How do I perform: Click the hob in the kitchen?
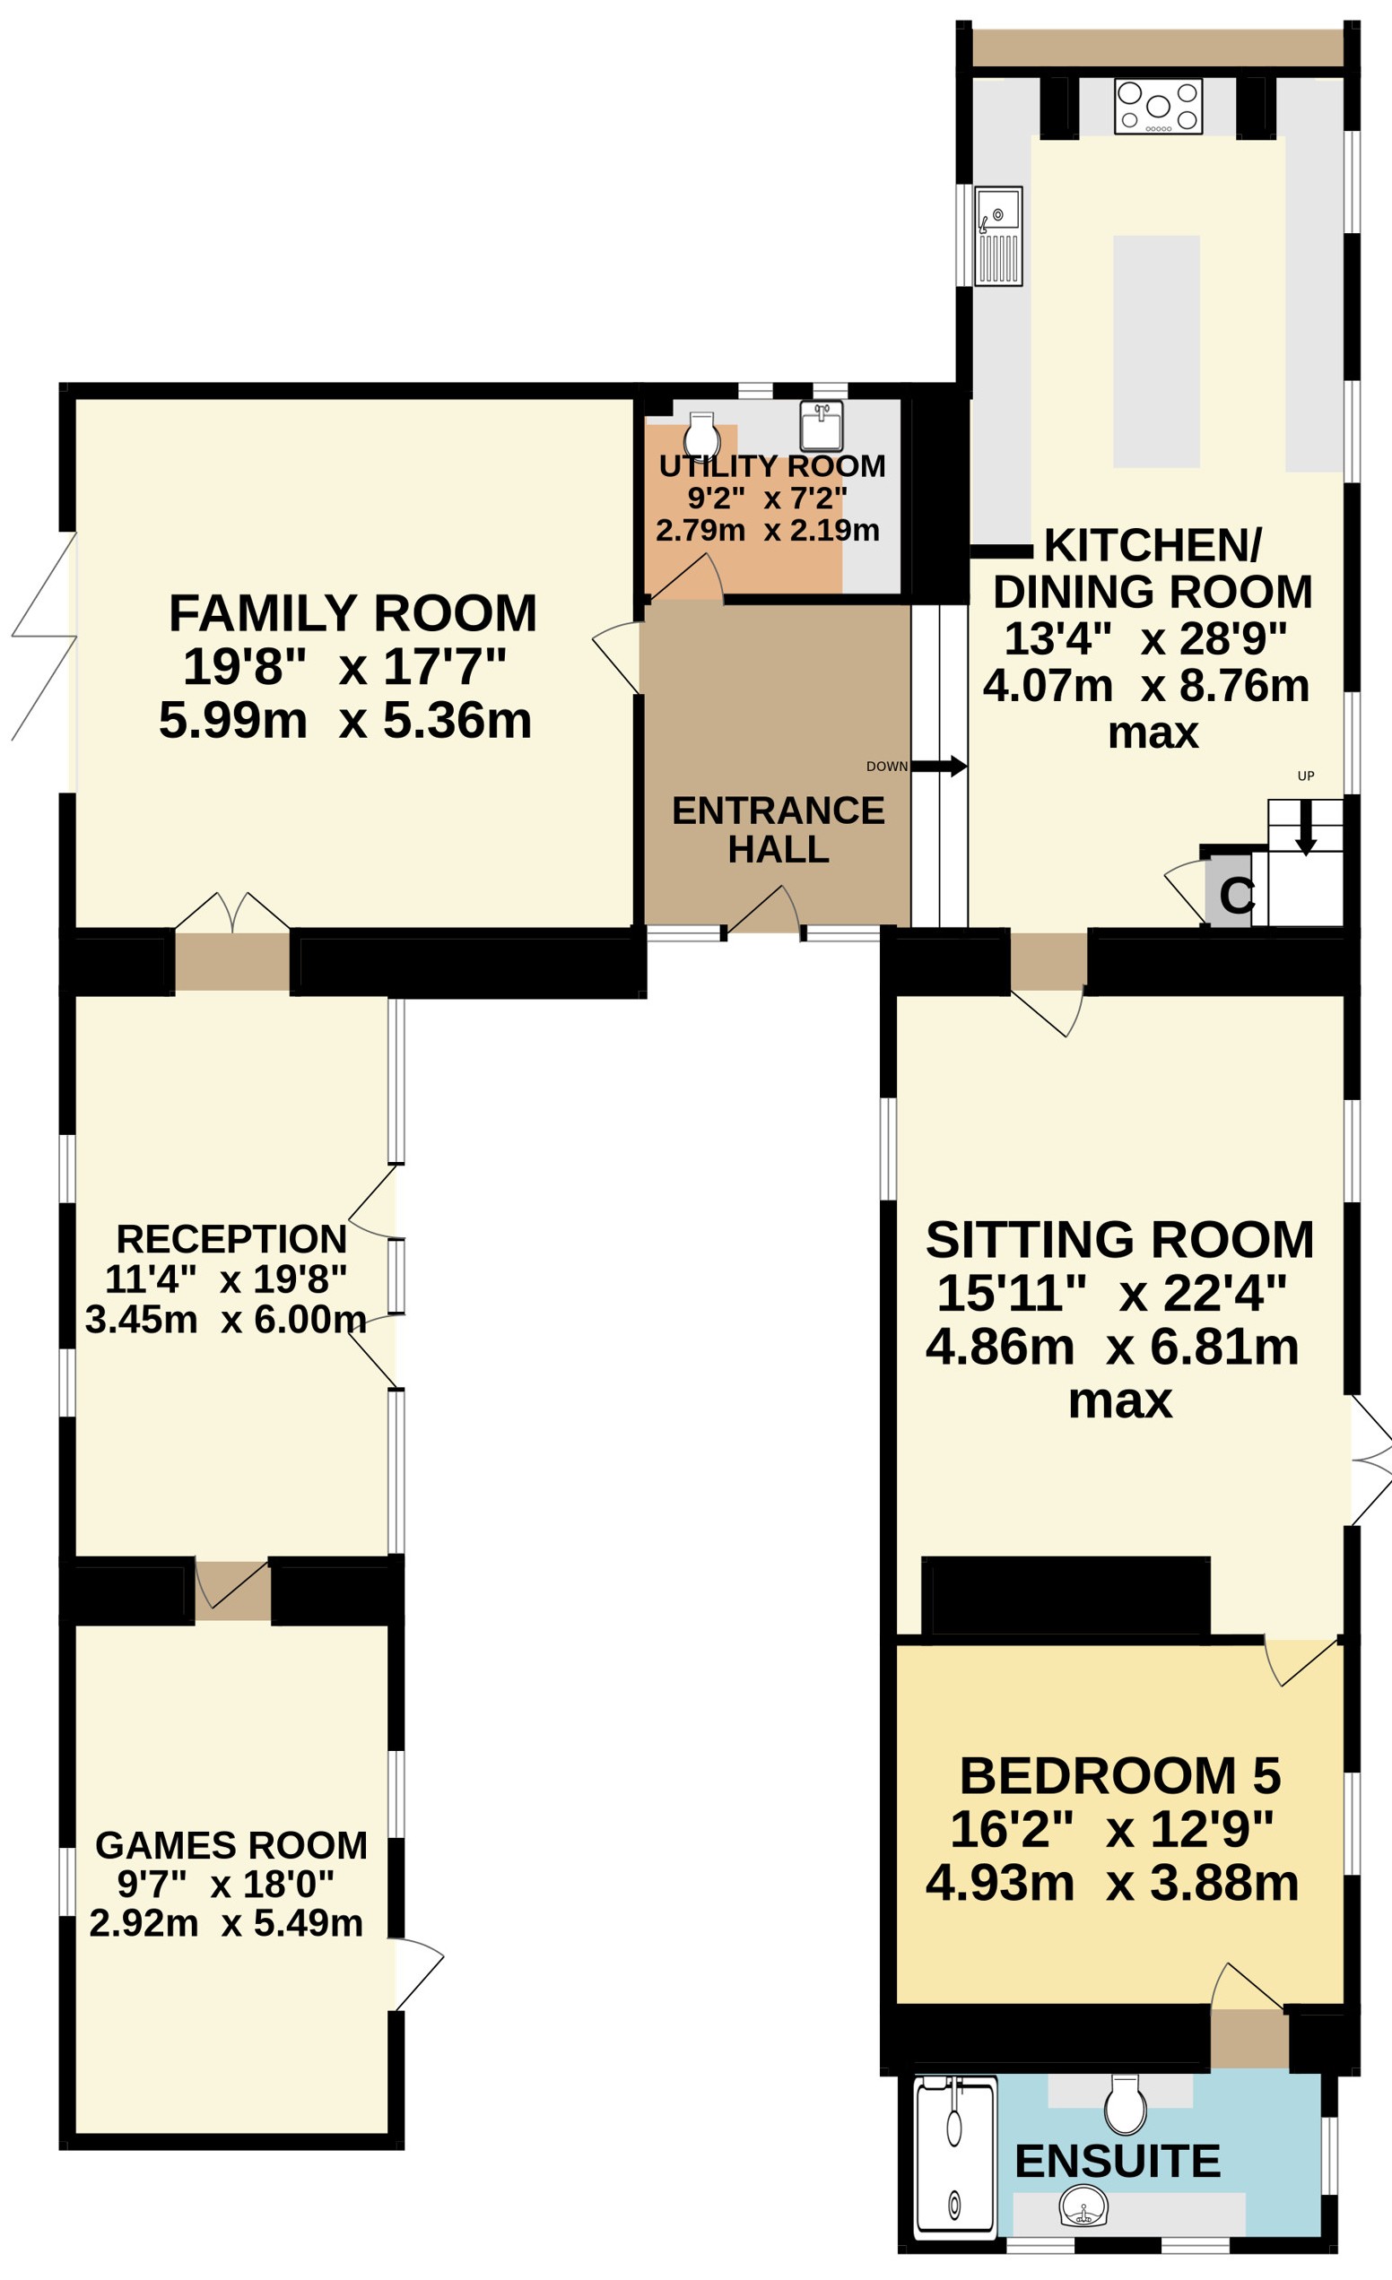(x=1158, y=107)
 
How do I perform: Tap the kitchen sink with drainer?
(x=998, y=236)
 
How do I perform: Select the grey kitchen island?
(x=1156, y=351)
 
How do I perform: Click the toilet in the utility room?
(x=701, y=434)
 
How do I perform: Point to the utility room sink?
(x=821, y=426)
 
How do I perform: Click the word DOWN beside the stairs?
(x=887, y=767)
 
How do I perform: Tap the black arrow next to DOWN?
(x=938, y=767)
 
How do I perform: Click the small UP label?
(x=1306, y=776)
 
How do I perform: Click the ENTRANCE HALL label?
(x=779, y=830)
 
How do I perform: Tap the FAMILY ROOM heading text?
(x=352, y=612)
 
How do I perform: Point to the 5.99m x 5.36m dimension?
(x=345, y=720)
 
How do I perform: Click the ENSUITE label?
(x=1118, y=2162)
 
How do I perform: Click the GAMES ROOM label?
(x=231, y=1845)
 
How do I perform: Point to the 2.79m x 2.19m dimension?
(x=767, y=530)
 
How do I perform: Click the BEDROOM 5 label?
(x=1120, y=1776)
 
